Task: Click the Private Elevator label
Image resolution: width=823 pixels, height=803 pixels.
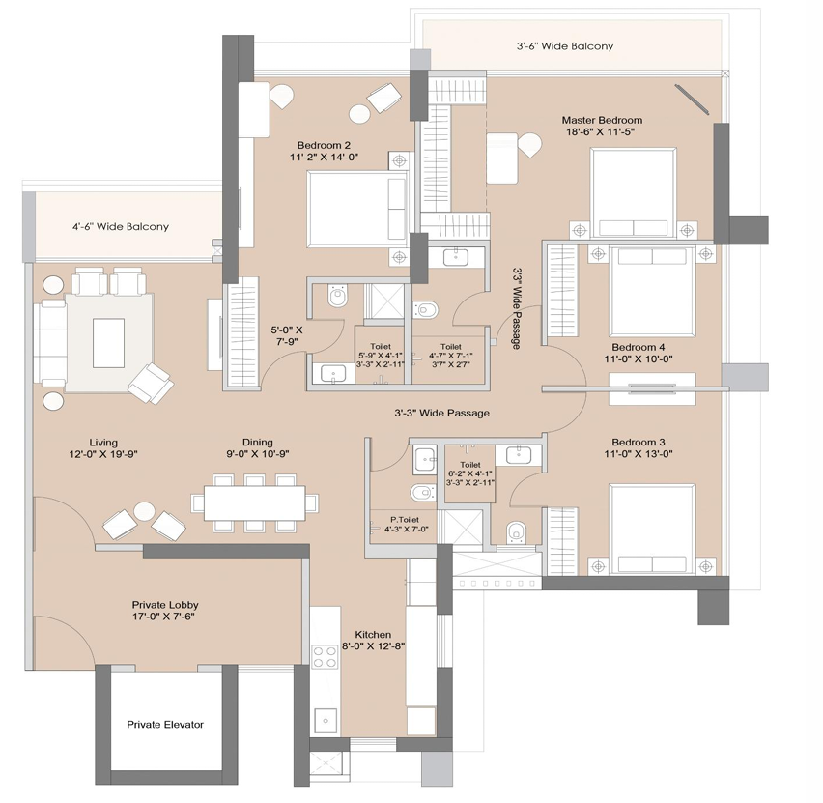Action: click(165, 724)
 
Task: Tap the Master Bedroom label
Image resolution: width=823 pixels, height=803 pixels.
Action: click(602, 120)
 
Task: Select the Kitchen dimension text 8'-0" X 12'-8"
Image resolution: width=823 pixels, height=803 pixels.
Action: click(373, 645)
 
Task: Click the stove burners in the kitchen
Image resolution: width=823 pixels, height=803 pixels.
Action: click(325, 657)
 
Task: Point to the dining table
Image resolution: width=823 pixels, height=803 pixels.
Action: click(255, 503)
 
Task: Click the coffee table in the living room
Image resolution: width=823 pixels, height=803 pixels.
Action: click(108, 343)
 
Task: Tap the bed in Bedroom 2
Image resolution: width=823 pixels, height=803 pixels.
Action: click(357, 209)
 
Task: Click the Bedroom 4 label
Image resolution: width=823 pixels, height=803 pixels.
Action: click(639, 347)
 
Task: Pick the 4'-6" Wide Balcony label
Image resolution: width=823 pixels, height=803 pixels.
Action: click(121, 227)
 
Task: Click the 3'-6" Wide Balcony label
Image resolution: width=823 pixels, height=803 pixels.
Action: click(565, 46)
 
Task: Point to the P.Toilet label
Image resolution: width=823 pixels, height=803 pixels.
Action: click(405, 520)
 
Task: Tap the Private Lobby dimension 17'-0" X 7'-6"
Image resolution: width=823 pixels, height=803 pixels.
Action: click(164, 617)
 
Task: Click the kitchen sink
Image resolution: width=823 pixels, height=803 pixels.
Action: click(326, 721)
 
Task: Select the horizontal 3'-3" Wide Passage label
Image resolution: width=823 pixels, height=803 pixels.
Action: click(442, 414)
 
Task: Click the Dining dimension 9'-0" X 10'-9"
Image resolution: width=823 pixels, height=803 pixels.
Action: click(258, 454)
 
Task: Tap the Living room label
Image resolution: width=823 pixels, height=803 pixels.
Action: click(103, 443)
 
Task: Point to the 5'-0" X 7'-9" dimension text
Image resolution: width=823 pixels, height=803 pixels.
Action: click(287, 335)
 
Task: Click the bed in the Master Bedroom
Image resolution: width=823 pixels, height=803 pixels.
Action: click(633, 192)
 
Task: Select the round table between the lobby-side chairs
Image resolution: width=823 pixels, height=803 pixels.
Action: click(144, 511)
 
